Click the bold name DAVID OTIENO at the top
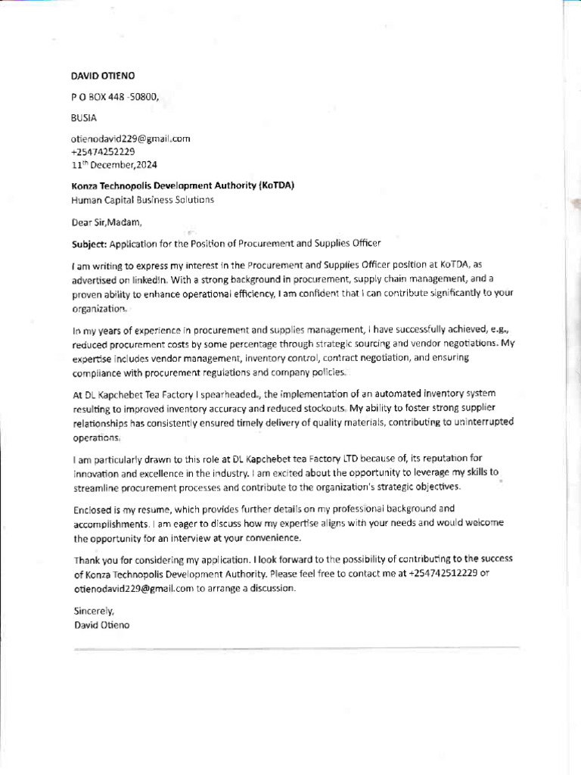click(x=103, y=76)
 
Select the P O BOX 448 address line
click(x=115, y=97)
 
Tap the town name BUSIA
click(x=84, y=118)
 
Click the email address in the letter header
click(x=130, y=139)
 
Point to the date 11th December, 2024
click(x=114, y=164)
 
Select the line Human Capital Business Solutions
click(x=142, y=200)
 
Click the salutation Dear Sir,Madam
click(x=106, y=223)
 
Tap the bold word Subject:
click(x=89, y=244)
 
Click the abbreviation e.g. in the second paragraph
click(x=480, y=331)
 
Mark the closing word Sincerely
click(x=93, y=610)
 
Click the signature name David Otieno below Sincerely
click(x=102, y=625)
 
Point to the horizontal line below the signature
click(x=295, y=649)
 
